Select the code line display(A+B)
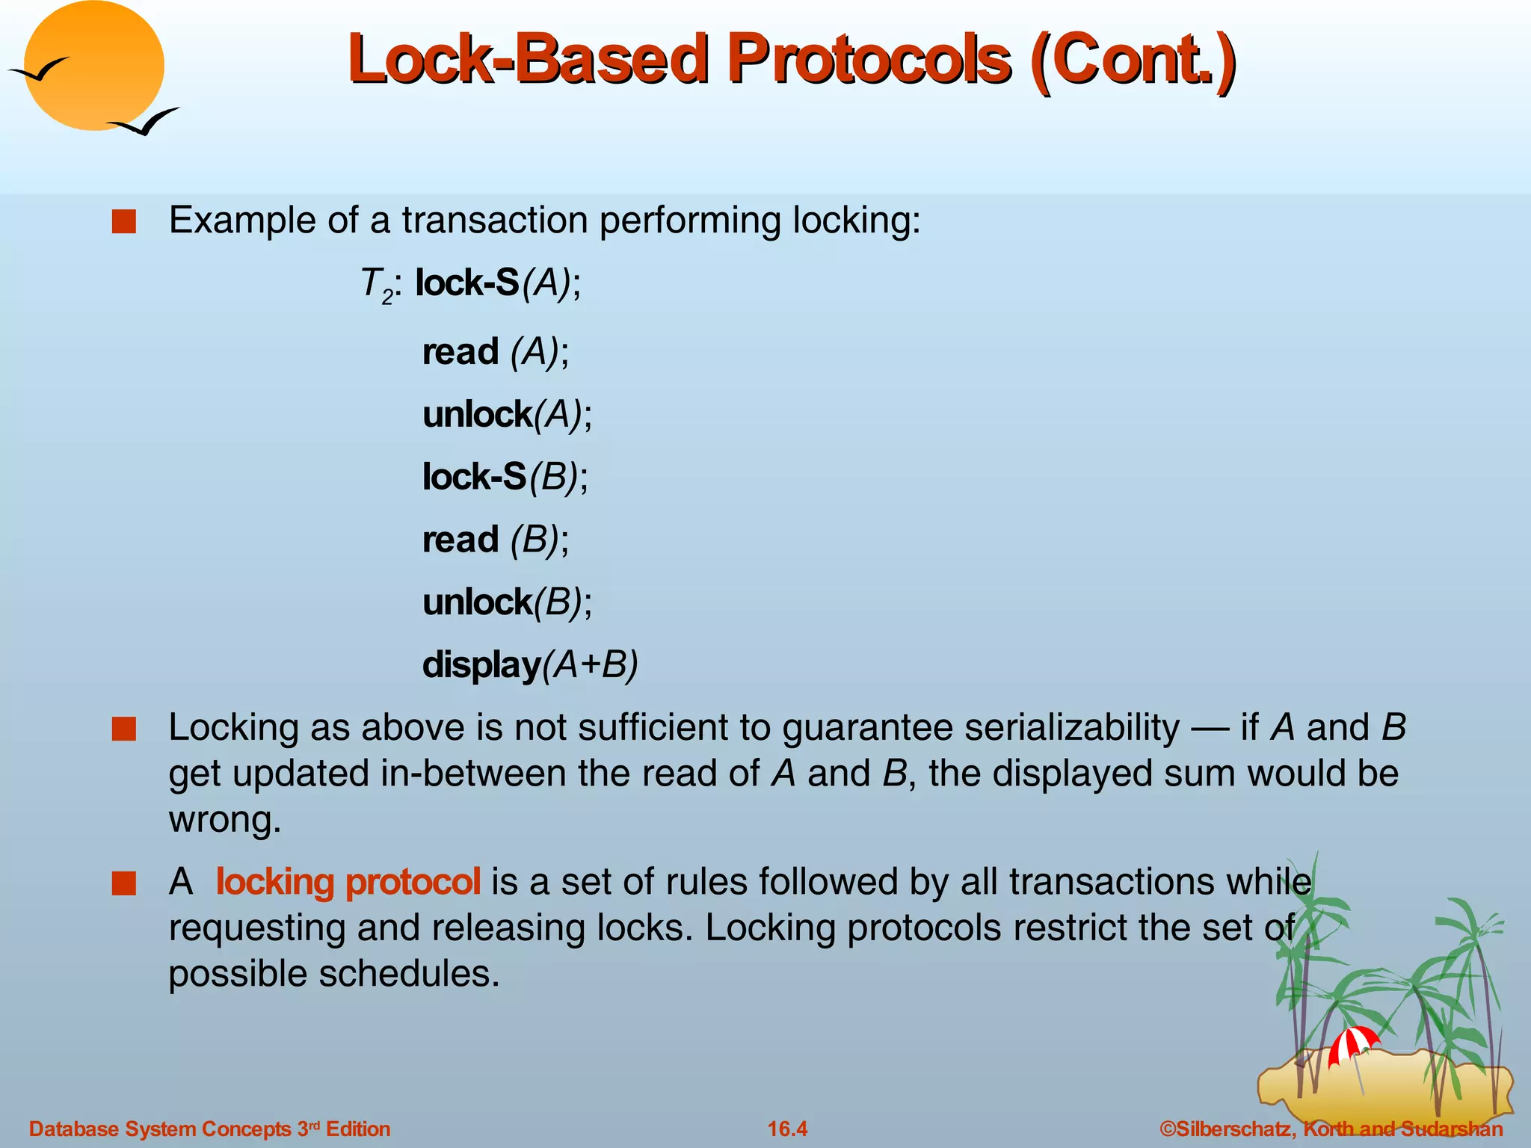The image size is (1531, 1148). pos(529,664)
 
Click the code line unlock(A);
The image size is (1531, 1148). pos(507,414)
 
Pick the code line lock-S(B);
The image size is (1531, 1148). pos(505,477)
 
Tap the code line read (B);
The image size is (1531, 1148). pos(496,540)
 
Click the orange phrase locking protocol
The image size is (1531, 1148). pos(348,881)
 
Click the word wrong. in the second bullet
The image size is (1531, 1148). pos(224,820)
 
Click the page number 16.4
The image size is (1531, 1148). pos(787,1129)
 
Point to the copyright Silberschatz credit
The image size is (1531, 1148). pos(1331,1129)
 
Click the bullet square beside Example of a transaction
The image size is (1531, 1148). pos(123,222)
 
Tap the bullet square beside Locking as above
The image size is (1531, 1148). pos(123,729)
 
